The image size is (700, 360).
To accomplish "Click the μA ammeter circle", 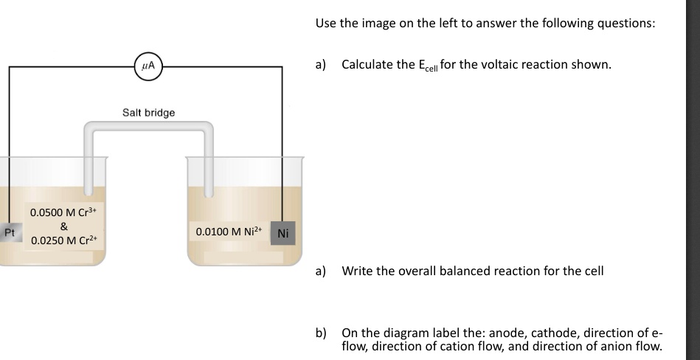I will [x=148, y=67].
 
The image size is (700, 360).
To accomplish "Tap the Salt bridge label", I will [x=148, y=112].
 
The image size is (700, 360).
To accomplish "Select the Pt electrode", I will [x=9, y=233].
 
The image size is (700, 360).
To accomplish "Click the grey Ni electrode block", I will [x=284, y=233].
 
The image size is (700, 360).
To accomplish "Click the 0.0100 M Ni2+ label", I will [x=232, y=232].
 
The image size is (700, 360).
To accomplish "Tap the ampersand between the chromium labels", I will [x=64, y=226].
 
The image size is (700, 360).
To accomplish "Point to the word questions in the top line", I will [x=626, y=23].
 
